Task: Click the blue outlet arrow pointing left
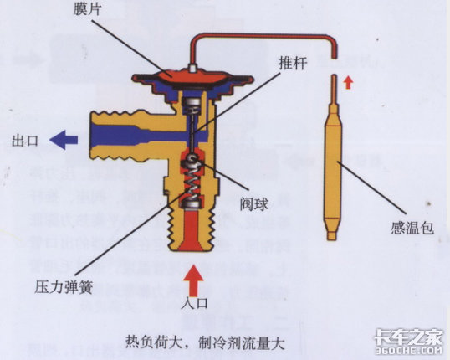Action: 64,140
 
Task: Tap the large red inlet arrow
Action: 192,280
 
